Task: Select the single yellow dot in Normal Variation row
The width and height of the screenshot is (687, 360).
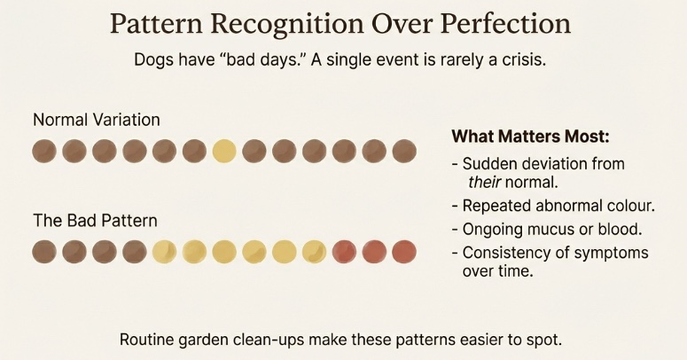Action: click(x=224, y=151)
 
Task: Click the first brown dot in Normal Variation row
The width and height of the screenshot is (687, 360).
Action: click(x=44, y=151)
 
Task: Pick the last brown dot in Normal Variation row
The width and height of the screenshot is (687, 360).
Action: click(x=403, y=151)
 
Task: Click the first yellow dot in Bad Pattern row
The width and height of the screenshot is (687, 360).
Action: click(x=164, y=252)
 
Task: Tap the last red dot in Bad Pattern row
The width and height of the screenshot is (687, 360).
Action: click(x=403, y=252)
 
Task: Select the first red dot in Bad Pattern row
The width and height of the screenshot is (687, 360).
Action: click(x=344, y=252)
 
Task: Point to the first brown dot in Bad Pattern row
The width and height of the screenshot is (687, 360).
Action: click(x=44, y=252)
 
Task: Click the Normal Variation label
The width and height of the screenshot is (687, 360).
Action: click(x=96, y=118)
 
